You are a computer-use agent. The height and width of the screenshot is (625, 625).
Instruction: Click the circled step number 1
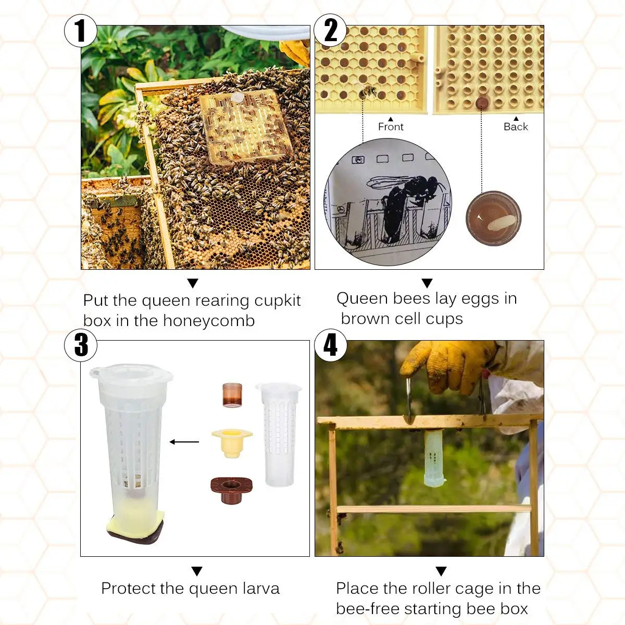click(80, 31)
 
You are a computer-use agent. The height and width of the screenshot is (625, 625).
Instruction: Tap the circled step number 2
click(331, 30)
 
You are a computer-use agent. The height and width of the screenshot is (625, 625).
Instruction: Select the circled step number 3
click(81, 345)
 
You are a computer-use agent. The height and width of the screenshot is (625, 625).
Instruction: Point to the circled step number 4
click(331, 345)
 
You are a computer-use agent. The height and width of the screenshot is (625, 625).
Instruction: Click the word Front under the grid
click(391, 127)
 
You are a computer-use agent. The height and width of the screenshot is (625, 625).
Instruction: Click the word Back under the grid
click(516, 127)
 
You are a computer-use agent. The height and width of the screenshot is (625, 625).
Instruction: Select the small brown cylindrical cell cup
click(232, 395)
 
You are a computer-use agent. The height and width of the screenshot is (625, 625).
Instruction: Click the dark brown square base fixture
click(231, 490)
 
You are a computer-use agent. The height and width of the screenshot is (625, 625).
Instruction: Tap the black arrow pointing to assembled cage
click(184, 442)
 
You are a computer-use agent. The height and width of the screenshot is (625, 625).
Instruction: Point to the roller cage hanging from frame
click(434, 458)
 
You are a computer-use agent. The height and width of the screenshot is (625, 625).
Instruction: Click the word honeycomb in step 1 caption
click(209, 321)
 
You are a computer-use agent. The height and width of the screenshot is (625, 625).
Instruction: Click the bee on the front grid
click(368, 92)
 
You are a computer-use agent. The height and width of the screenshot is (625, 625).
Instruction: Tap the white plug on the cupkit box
click(238, 97)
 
